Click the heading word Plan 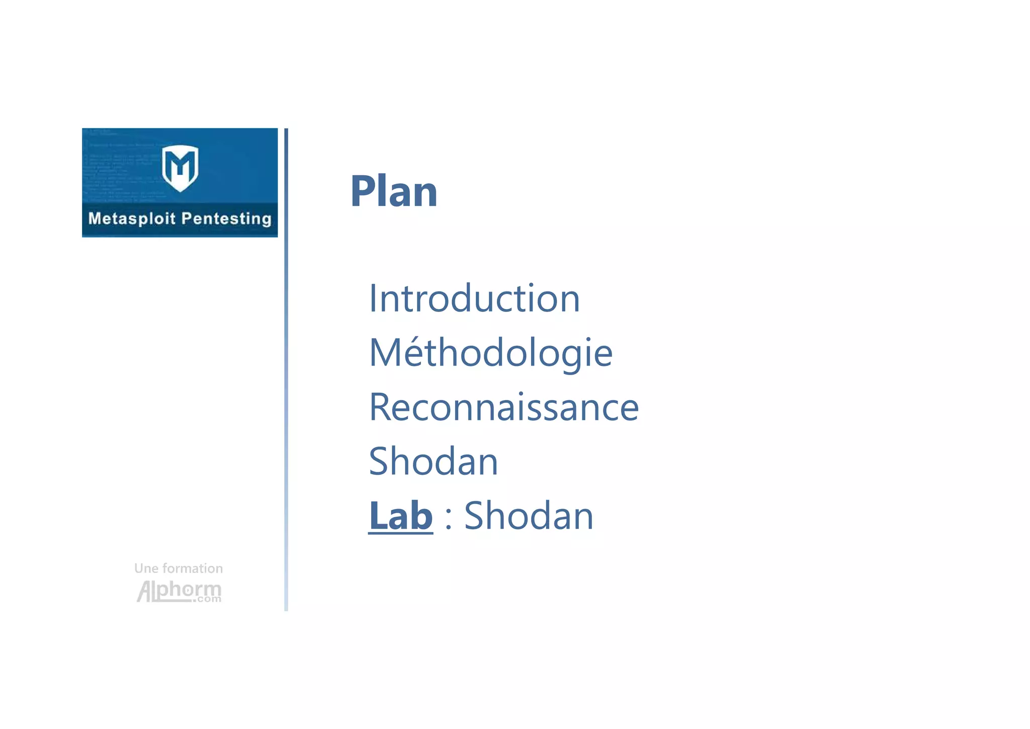tap(394, 191)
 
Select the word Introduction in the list tap(474, 299)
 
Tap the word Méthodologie tap(490, 353)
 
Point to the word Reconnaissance tap(503, 407)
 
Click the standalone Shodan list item tap(433, 462)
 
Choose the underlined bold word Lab tap(400, 516)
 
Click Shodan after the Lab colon tap(528, 516)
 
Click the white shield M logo tap(180, 168)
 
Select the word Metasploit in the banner tap(132, 218)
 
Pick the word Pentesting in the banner tap(226, 218)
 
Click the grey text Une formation tap(179, 568)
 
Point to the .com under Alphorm tap(207, 599)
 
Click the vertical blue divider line tap(286, 370)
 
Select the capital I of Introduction tap(373, 299)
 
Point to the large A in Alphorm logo tap(144, 592)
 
